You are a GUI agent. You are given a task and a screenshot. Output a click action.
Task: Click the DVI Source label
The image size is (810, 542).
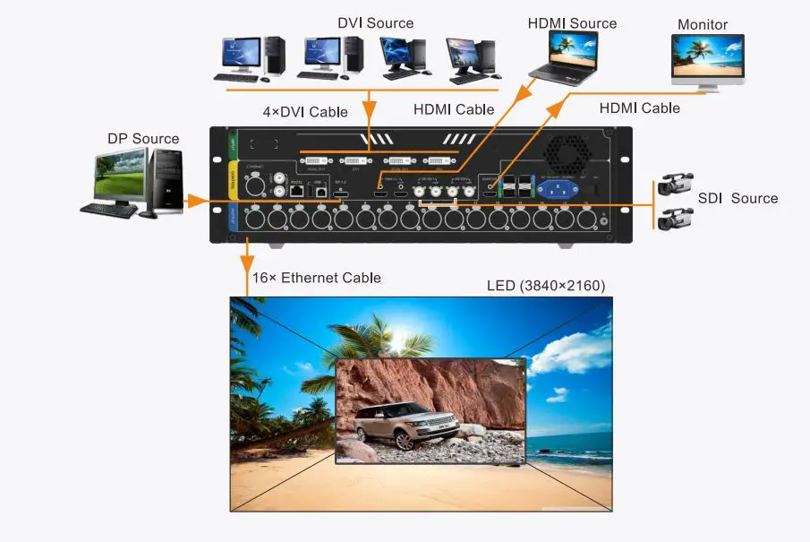coord(376,23)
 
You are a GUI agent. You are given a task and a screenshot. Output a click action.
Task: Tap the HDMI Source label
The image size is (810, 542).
coord(572,23)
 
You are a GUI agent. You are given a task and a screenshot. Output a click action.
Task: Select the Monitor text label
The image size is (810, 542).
coord(703,24)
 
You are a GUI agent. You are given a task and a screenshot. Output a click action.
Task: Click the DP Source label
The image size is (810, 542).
coord(143,139)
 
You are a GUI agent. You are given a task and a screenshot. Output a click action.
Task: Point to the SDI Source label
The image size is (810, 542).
coord(738,198)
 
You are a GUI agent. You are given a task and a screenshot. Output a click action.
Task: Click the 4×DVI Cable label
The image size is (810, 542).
coord(304,113)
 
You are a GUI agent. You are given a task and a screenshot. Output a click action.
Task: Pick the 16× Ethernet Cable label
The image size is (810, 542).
coord(316,278)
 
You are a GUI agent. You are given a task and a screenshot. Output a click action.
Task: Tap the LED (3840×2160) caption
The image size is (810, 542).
coord(546,286)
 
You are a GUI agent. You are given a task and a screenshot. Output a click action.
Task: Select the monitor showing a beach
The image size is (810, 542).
coord(708,58)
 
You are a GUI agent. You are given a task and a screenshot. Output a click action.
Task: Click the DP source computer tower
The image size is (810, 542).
coord(166,181)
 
